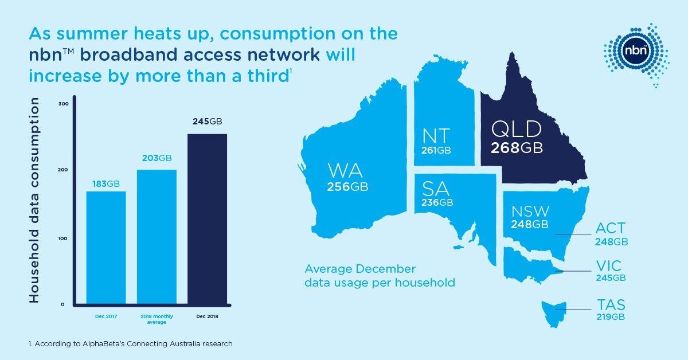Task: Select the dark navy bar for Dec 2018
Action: [x=208, y=218]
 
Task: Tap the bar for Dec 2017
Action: [x=106, y=246]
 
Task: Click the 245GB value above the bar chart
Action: [x=208, y=122]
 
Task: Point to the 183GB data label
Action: [x=106, y=183]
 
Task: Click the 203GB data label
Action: [x=157, y=158]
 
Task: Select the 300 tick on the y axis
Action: [x=64, y=104]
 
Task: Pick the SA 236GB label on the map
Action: [x=437, y=194]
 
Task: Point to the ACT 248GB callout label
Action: [x=611, y=234]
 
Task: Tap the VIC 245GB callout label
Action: [x=610, y=271]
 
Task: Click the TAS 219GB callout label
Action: [x=610, y=310]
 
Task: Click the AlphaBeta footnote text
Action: [x=131, y=344]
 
